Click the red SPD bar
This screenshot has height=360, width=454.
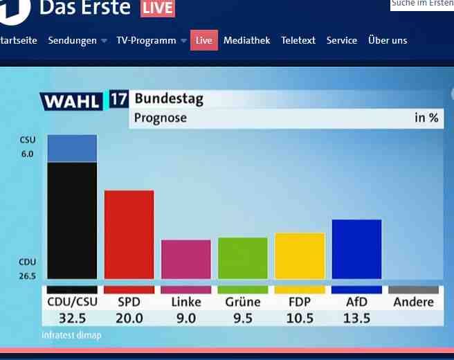click(129, 234)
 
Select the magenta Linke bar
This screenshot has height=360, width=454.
click(185, 259)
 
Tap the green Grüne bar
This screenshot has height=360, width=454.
click(242, 258)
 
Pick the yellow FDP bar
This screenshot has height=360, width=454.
click(299, 255)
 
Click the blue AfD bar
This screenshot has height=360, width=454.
click(356, 249)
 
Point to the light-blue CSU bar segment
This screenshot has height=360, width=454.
click(72, 148)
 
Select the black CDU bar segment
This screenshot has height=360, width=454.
click(72, 219)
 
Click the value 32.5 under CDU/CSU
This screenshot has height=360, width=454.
click(72, 318)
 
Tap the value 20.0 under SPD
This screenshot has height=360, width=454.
click(129, 318)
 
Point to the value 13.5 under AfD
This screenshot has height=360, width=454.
click(357, 318)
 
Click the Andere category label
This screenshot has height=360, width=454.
click(413, 302)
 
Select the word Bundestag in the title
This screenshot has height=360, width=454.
click(169, 99)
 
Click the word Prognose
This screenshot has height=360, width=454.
click(160, 118)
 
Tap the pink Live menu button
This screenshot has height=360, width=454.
click(204, 40)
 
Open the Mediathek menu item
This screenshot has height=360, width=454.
click(246, 40)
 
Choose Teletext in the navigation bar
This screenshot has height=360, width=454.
click(298, 40)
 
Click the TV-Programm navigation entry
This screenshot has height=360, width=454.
click(146, 40)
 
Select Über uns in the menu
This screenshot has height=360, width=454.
click(388, 40)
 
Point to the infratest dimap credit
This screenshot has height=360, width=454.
click(71, 336)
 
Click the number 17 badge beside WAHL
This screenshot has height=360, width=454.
click(118, 99)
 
